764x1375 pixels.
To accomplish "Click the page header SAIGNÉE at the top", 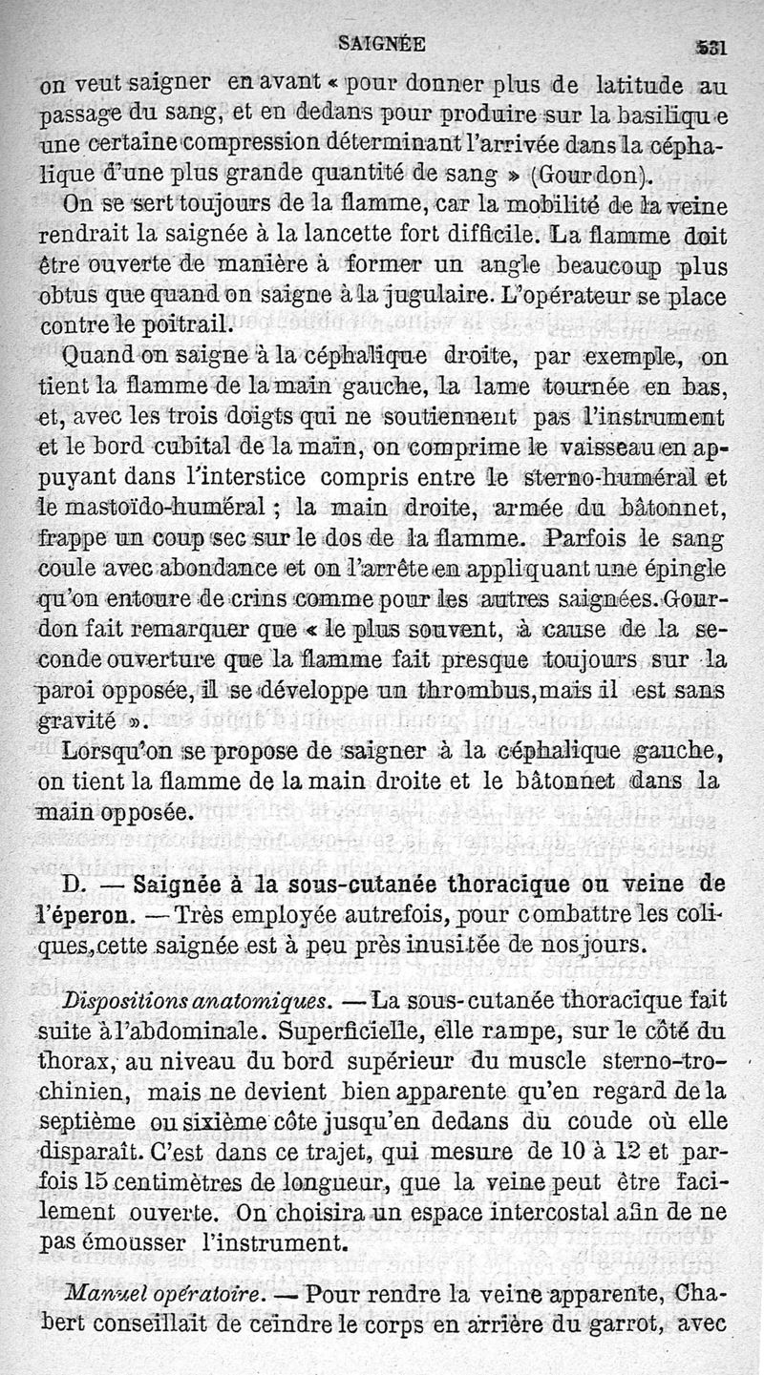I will point(383,43).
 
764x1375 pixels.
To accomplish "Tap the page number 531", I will point(711,46).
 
